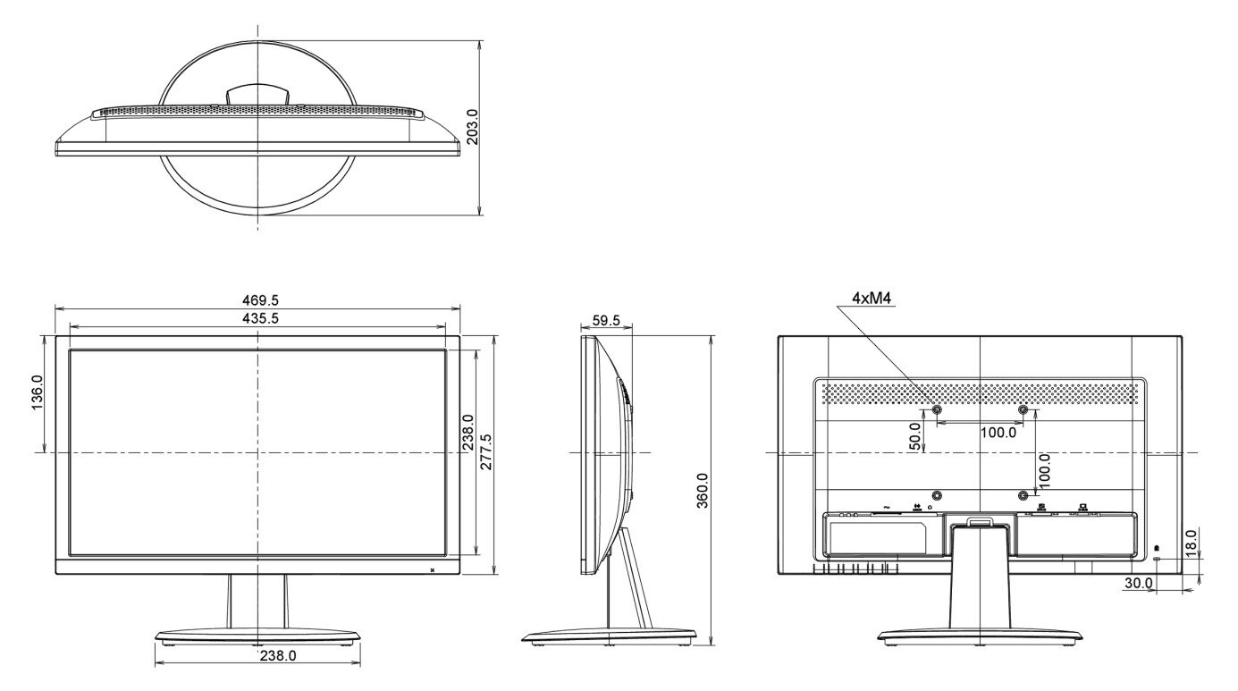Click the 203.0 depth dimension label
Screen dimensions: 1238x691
pyautogui.click(x=473, y=127)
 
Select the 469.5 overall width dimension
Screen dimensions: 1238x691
pyautogui.click(x=260, y=300)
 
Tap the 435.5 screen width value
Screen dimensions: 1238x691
pyautogui.click(x=260, y=318)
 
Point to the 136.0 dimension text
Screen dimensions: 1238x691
pyautogui.click(x=37, y=392)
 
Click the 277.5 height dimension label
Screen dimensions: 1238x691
pyautogui.click(x=485, y=451)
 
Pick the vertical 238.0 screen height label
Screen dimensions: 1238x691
pyautogui.click(x=467, y=431)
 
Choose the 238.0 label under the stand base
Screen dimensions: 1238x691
pyautogui.click(x=278, y=655)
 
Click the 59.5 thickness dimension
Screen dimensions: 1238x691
pyautogui.click(x=606, y=321)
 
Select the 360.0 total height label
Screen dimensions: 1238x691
pyautogui.click(x=702, y=491)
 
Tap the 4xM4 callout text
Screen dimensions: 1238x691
pyautogui.click(x=872, y=299)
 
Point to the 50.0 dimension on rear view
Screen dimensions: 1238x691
pyautogui.click(x=914, y=437)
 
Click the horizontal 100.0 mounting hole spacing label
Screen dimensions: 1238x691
pyautogui.click(x=998, y=433)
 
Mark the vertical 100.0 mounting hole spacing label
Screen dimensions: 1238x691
pyautogui.click(x=1045, y=471)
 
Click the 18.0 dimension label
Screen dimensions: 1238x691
pyautogui.click(x=1191, y=543)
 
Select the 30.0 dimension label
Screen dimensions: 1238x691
pyautogui.click(x=1139, y=583)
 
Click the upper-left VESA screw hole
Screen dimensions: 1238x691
pyautogui.click(x=936, y=409)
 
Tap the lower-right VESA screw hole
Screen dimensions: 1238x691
pyautogui.click(x=1023, y=495)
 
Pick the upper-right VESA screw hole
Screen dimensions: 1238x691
pyautogui.click(x=1023, y=409)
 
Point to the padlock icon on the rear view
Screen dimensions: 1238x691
pyautogui.click(x=1157, y=548)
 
